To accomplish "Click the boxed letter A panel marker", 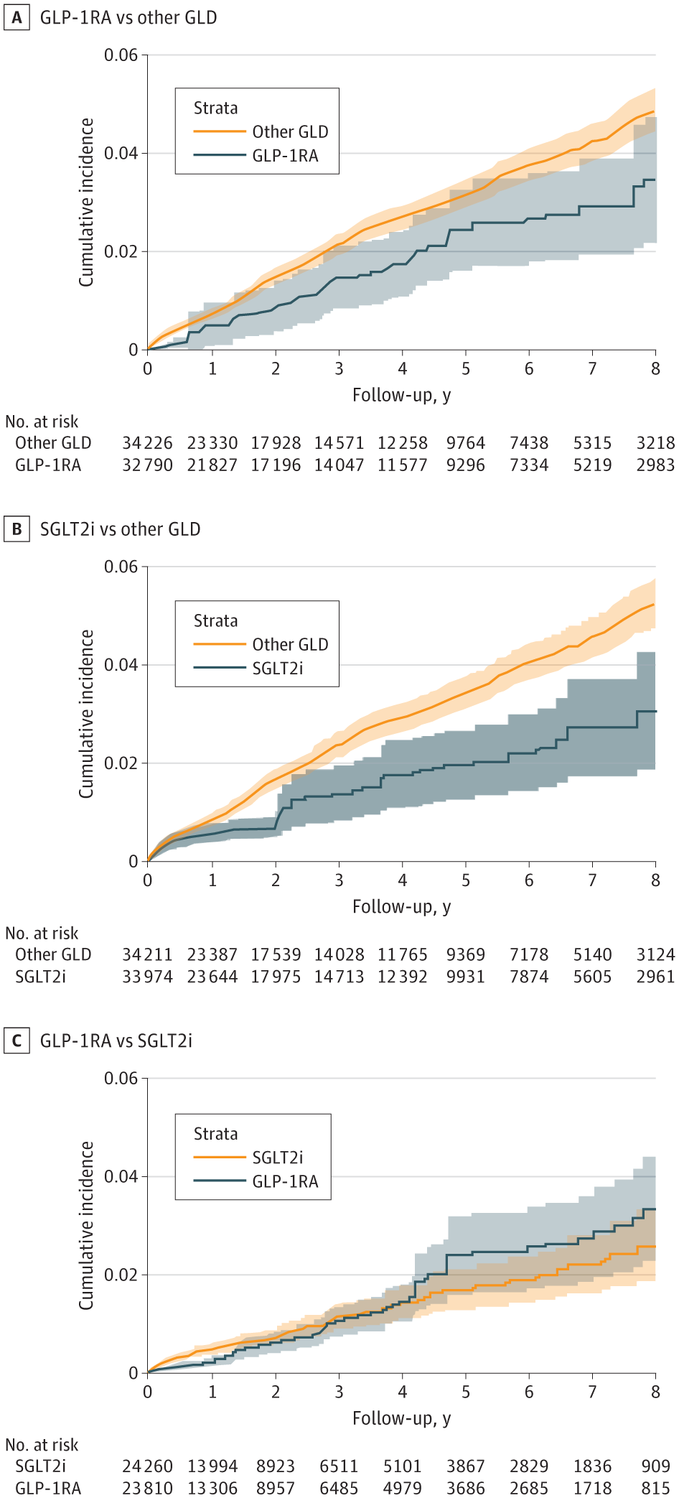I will pos(17,17).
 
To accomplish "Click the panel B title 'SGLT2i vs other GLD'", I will pos(120,529).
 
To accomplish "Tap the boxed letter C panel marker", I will pos(17,1041).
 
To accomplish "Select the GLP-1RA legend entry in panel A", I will pos(284,156).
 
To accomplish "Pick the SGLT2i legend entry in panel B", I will pos(277,669).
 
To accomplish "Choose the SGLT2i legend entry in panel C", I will pos(277,1158).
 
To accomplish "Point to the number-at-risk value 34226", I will pos(147,443).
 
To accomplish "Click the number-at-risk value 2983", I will pos(655,465).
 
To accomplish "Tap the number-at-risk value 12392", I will pos(402,977).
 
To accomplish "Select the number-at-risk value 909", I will pos(655,1466).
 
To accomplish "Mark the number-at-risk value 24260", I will pos(147,1466).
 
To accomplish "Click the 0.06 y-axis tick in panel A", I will pos(121,55).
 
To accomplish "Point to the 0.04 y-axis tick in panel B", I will pos(121,665).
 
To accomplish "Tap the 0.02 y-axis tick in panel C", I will pos(121,1275).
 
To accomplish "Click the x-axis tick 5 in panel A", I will pos(466,368).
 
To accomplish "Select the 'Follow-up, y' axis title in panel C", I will pos(401,1418).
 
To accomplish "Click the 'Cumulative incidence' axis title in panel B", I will pos(87,714).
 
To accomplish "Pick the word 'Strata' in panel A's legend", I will pos(215,108).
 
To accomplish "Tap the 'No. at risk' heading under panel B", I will pos(42,933).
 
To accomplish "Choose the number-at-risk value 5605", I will pos(592,977).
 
